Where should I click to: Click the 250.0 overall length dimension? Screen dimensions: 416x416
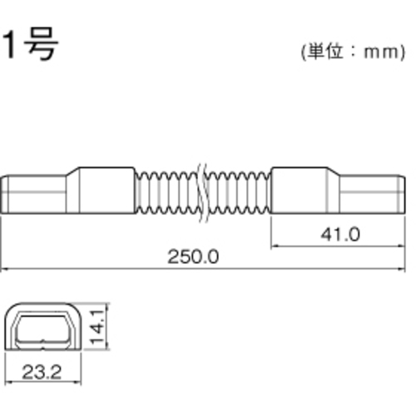click(193, 257)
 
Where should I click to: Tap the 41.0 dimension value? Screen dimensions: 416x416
click(340, 235)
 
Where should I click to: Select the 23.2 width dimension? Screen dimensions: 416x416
click(42, 372)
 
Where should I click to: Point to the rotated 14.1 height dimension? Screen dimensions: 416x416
click(97, 327)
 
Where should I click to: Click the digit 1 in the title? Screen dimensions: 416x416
click(9, 44)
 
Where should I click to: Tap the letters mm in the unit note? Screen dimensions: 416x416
click(381, 52)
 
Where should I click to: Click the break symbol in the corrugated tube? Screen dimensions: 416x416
click(203, 192)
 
